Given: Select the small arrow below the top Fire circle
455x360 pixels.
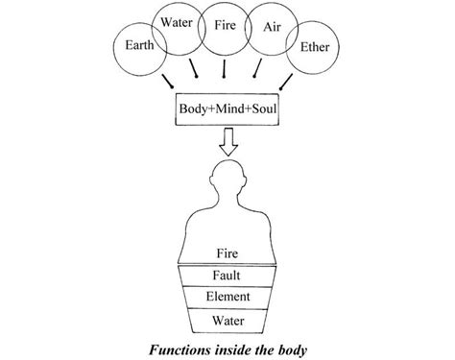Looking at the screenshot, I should [224, 71].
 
